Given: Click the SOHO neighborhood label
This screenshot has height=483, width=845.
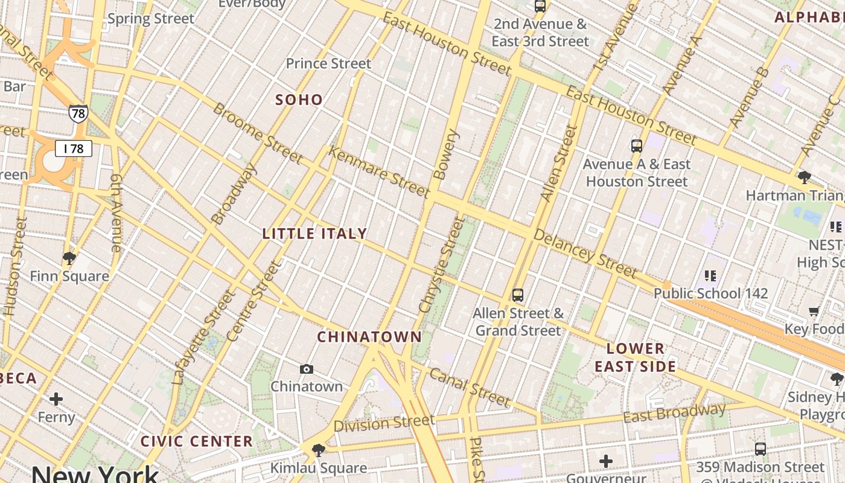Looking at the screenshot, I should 299,100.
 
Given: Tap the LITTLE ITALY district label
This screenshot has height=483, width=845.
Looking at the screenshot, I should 314,234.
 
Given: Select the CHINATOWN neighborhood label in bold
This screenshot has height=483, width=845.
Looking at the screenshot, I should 369,337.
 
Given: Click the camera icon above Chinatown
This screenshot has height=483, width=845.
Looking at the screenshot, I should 307,369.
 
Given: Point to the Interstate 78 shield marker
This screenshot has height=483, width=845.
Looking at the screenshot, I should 78,113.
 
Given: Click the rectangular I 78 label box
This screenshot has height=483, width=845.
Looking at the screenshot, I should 74,149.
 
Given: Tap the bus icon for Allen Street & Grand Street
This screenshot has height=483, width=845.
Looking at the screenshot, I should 517,295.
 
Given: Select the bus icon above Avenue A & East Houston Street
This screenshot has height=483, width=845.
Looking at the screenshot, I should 636,146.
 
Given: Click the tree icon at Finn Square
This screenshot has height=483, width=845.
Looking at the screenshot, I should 69,258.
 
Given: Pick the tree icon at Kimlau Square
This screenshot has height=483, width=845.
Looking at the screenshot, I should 318,450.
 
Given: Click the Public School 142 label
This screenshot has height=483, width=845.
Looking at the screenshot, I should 711,293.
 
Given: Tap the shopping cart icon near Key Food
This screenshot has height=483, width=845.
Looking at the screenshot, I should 814,312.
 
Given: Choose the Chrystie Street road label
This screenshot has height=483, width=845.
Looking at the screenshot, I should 442,266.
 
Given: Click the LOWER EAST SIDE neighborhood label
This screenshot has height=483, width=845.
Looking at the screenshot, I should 635,357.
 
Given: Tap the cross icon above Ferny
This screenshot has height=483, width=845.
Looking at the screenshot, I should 56,399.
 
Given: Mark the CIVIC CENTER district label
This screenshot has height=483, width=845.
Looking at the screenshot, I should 197,441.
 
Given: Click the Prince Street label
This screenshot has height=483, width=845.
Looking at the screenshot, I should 328,63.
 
